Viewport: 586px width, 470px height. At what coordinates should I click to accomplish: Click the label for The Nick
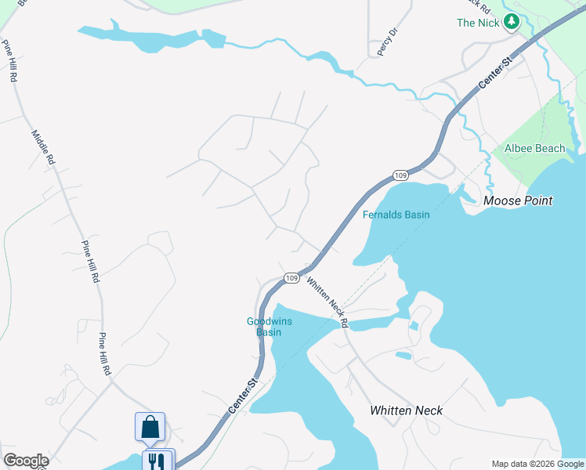478,23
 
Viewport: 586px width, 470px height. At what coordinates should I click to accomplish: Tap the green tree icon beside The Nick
512,22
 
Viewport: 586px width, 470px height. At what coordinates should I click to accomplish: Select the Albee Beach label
535,148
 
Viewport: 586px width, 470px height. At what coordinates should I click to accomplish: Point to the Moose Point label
518,201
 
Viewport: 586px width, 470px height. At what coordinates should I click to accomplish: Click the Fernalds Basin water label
396,215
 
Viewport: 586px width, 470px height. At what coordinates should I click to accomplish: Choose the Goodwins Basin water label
264,326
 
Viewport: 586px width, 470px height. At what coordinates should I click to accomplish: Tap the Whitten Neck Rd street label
327,302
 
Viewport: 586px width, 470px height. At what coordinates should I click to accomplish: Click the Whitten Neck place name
406,410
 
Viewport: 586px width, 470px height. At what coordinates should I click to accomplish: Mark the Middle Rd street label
43,146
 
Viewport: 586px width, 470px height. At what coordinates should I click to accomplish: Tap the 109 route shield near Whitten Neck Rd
291,278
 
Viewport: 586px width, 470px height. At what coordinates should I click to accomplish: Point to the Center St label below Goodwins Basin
243,396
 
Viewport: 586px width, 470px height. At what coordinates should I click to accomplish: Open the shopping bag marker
150,427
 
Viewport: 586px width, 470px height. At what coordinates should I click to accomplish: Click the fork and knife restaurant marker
157,461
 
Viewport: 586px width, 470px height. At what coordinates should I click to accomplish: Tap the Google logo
26,461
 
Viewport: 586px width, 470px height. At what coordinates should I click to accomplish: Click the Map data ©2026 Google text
537,464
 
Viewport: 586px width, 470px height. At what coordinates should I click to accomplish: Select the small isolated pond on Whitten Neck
403,356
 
